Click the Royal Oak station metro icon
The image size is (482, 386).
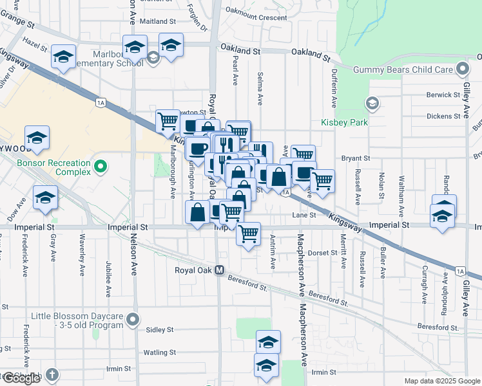pyautogui.click(x=220, y=270)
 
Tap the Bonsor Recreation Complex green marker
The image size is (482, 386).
pyautogui.click(x=100, y=167)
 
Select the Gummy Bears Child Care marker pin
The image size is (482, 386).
pyautogui.click(x=462, y=69)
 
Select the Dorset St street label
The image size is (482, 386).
pyautogui.click(x=323, y=253)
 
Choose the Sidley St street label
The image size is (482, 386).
pyautogui.click(x=160, y=329)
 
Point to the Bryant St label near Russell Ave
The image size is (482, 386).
pyautogui.click(x=356, y=158)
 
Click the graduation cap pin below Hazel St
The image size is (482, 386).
pyautogui.click(x=63, y=57)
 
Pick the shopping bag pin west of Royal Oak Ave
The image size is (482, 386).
pyautogui.click(x=198, y=212)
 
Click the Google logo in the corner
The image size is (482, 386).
pyautogui.click(x=21, y=378)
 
